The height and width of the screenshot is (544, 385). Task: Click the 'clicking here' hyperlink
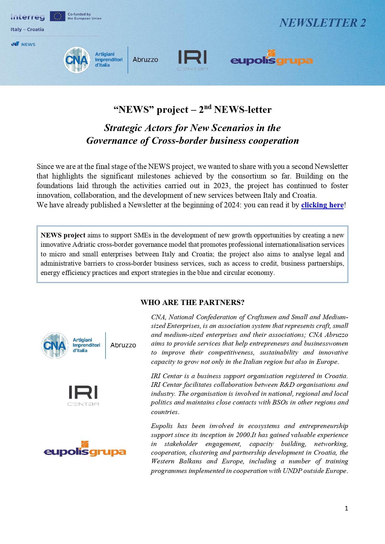click(322, 205)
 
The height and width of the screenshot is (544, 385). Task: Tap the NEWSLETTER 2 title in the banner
click(322, 23)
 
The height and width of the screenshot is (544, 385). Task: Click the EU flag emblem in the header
click(57, 16)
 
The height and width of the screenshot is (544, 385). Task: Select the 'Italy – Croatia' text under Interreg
click(27, 29)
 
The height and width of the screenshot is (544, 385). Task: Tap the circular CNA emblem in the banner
click(77, 60)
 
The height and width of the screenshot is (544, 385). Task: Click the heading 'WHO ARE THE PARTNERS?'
click(192, 303)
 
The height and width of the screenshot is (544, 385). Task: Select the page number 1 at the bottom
click(346, 508)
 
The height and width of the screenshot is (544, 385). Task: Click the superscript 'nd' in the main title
click(208, 107)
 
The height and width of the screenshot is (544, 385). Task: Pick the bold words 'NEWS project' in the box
click(63, 235)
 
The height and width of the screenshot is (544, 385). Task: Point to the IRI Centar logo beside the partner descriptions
click(83, 395)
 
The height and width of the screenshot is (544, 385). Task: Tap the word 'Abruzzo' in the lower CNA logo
click(123, 345)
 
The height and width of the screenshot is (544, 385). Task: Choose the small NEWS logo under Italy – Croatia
click(23, 44)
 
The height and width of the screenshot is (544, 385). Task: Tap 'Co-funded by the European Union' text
click(84, 16)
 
